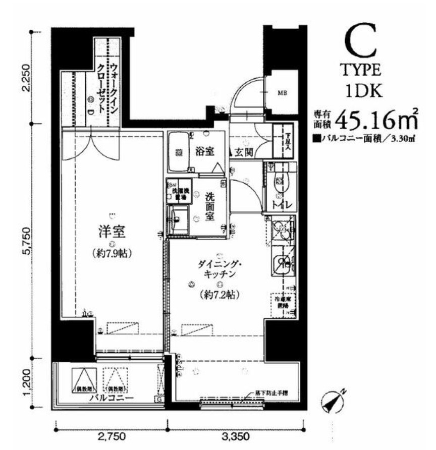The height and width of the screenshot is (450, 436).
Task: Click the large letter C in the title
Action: tap(360, 43)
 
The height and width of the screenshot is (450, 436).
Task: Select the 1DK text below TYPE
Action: tap(359, 90)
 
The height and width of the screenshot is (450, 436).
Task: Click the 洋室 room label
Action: tap(112, 234)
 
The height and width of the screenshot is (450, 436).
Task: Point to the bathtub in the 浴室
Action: tap(178, 151)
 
